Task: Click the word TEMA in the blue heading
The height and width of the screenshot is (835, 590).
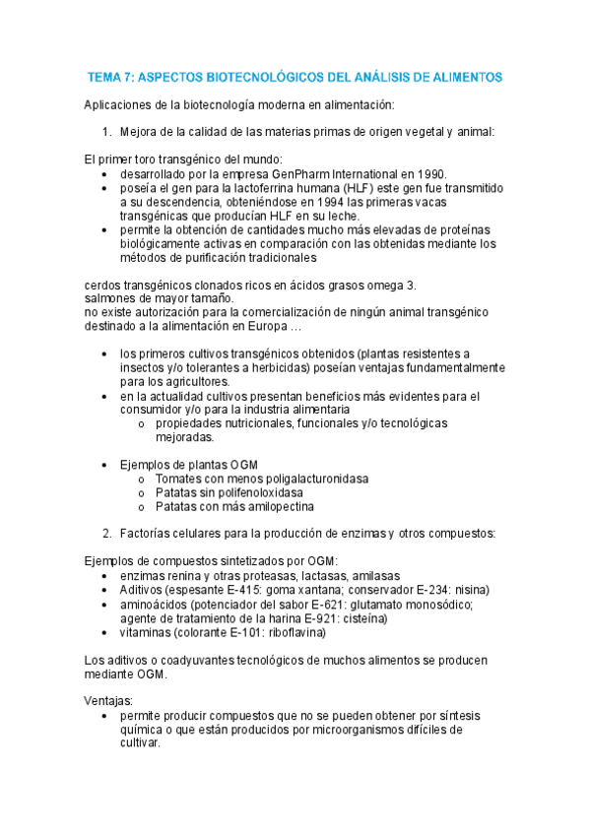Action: [106, 76]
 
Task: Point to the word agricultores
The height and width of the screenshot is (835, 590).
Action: [190, 381]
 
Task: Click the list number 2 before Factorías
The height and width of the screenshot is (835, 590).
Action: [106, 534]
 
